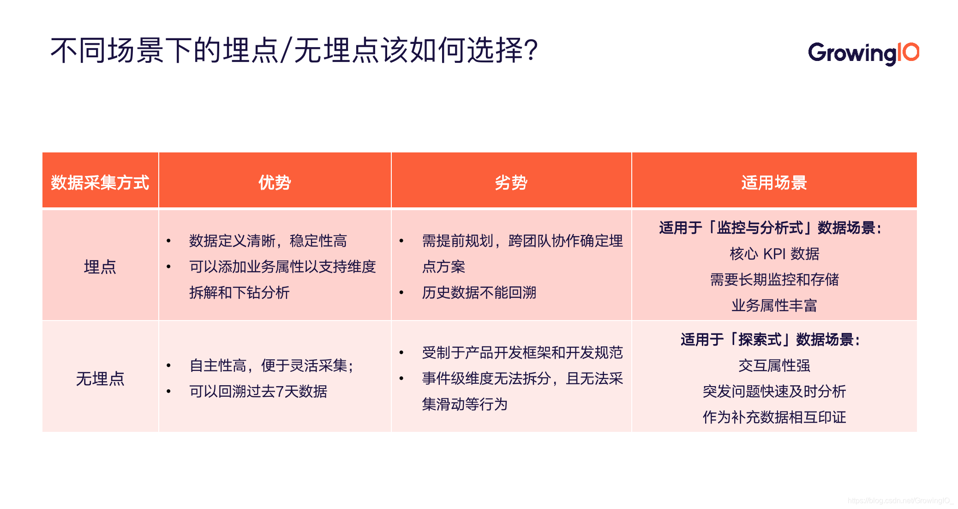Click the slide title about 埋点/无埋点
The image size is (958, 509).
[294, 50]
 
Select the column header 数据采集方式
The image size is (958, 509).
[100, 182]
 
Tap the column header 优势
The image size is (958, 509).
[275, 182]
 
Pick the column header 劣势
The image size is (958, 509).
[511, 182]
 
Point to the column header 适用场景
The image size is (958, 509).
[774, 182]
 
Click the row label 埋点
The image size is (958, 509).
[100, 267]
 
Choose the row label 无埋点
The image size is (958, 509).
[100, 379]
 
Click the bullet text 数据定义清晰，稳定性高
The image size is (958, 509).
[268, 241]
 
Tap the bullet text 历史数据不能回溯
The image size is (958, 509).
[479, 292]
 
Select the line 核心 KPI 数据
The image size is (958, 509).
[774, 254]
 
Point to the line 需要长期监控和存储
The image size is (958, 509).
[774, 279]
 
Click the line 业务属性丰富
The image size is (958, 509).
[774, 305]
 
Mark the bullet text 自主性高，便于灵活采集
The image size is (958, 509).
[271, 365]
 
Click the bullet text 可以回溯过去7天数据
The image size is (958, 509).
[258, 391]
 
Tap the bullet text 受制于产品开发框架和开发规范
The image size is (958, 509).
[522, 352]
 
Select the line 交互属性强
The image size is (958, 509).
[774, 365]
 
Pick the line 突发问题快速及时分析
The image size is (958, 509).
[774, 391]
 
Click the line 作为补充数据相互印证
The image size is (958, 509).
[774, 417]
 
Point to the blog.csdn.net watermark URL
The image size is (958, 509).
[900, 501]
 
